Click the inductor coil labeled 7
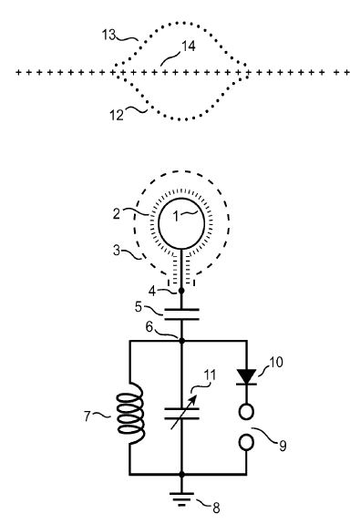(130, 414)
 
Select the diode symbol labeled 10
(247, 377)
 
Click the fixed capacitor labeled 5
(181, 314)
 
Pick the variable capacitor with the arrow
(181, 414)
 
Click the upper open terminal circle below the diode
(247, 412)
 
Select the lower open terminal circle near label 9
(247, 442)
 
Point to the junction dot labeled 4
(181, 291)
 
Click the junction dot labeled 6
(182, 341)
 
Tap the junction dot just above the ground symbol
(181, 474)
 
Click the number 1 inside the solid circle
(176, 216)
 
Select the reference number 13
(108, 35)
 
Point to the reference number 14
(189, 46)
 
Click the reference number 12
(117, 116)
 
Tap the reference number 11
(210, 375)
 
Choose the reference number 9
(283, 446)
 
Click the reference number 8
(216, 508)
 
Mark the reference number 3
(117, 250)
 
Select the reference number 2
(116, 213)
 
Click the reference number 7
(87, 416)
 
